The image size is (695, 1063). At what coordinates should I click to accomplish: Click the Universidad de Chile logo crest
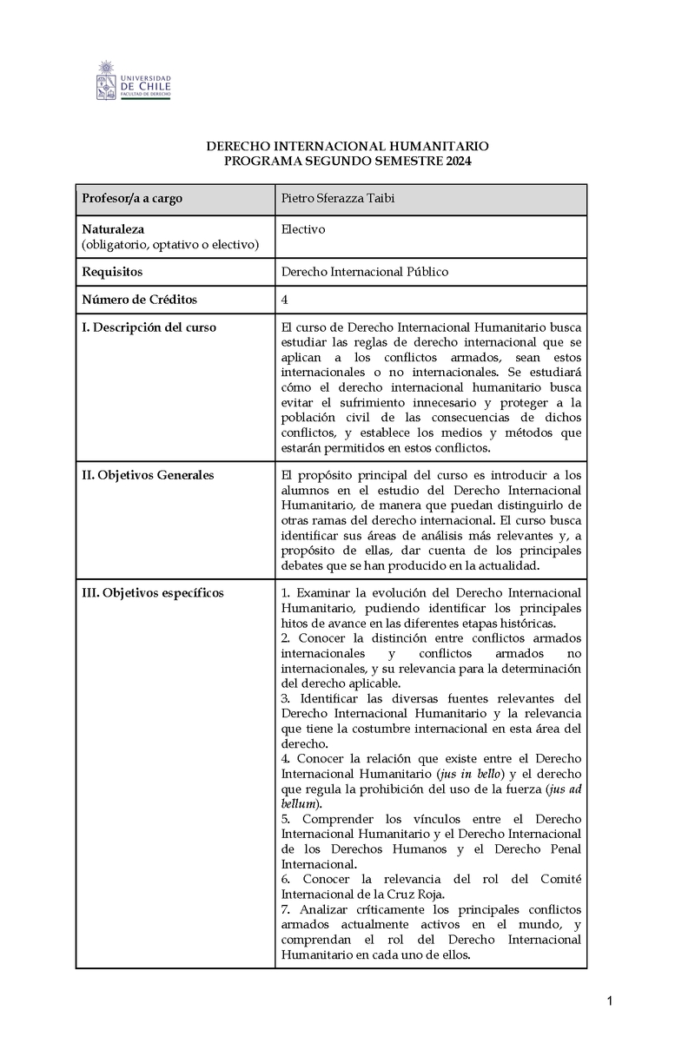click(106, 80)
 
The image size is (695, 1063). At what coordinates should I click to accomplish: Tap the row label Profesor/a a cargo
click(131, 199)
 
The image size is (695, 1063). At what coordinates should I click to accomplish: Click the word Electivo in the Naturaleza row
click(303, 229)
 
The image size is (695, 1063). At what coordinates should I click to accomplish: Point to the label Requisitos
click(112, 272)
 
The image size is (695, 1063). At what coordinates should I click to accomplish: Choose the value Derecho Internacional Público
click(365, 272)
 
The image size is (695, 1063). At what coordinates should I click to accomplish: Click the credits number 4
click(285, 300)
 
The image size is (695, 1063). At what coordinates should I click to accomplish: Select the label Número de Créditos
click(139, 300)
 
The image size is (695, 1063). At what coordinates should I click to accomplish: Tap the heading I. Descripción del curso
click(149, 327)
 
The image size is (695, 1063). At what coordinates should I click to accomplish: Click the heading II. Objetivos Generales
click(148, 475)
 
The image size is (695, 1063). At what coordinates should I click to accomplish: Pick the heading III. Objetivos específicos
click(152, 593)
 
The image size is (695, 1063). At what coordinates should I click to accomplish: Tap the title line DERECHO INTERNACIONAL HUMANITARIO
click(347, 147)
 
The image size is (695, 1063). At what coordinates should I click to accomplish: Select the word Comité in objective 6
click(560, 880)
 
